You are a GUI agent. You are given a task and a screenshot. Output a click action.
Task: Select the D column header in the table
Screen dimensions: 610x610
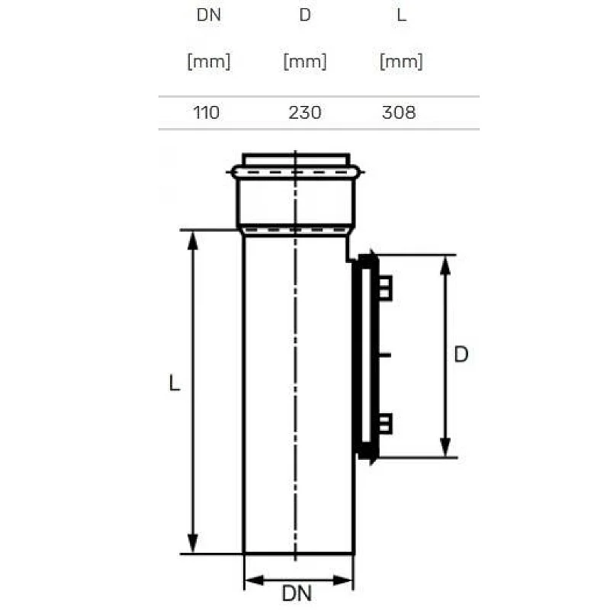[x=305, y=15]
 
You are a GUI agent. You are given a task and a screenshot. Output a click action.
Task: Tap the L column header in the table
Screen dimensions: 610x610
[x=401, y=15]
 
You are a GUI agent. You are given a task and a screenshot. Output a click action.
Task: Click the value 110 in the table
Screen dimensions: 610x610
[x=206, y=113]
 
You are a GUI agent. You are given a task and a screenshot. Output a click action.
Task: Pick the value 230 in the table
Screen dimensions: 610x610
[x=305, y=113]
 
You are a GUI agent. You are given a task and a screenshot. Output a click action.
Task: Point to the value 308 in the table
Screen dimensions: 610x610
[x=399, y=113]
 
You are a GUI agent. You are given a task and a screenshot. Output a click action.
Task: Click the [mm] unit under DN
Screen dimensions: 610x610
[x=208, y=62]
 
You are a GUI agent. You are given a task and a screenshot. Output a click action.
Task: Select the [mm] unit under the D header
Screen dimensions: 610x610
[x=305, y=62]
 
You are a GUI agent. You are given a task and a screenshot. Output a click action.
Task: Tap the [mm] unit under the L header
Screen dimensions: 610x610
[x=401, y=62]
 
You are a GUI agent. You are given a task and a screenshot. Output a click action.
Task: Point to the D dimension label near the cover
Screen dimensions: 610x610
[x=461, y=355]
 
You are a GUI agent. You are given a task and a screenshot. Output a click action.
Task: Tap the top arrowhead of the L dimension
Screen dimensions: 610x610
[x=193, y=239]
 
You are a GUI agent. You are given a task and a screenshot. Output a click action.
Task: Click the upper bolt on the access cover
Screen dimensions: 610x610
[x=385, y=287]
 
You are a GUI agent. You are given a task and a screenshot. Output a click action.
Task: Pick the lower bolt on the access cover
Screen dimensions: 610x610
[x=385, y=422]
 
